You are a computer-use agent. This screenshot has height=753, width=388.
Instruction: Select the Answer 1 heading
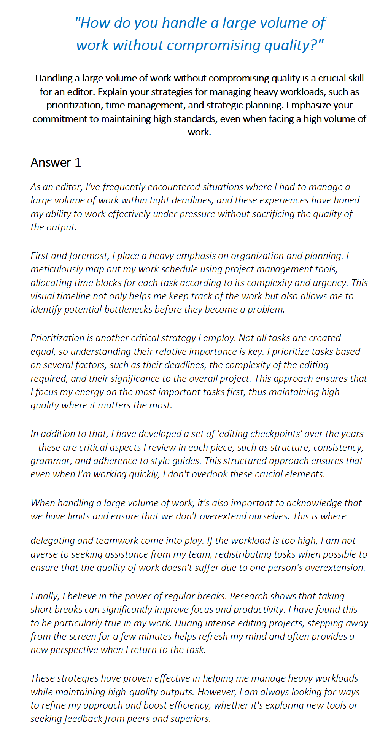[x=56, y=162]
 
